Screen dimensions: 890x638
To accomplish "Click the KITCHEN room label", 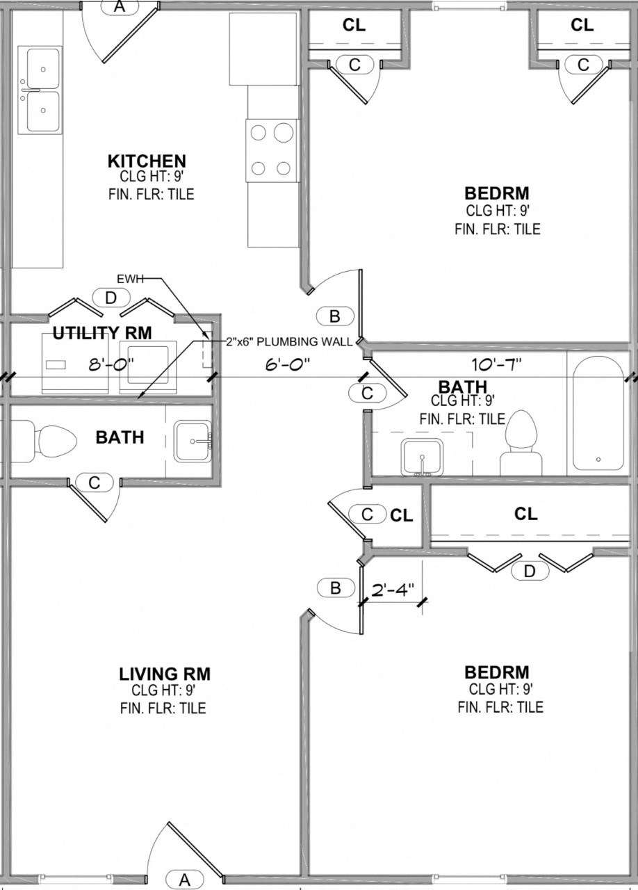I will (147, 161).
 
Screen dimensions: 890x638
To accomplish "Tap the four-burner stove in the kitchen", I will (272, 150).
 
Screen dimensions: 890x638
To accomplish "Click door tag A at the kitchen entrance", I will (119, 6).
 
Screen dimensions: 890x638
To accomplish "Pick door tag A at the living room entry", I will (185, 880).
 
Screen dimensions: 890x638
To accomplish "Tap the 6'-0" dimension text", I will (287, 364).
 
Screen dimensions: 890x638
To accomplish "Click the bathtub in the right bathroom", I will (598, 414).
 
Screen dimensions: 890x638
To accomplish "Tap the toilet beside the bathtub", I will (522, 442).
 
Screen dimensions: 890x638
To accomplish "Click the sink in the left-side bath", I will (193, 441).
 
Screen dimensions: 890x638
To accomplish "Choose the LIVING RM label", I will (165, 674).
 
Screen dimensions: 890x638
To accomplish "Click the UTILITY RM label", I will (102, 333).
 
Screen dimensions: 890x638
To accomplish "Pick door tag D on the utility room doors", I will (111, 298).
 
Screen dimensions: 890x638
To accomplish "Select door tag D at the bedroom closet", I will (530, 571).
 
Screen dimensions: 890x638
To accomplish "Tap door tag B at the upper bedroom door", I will (335, 316).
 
